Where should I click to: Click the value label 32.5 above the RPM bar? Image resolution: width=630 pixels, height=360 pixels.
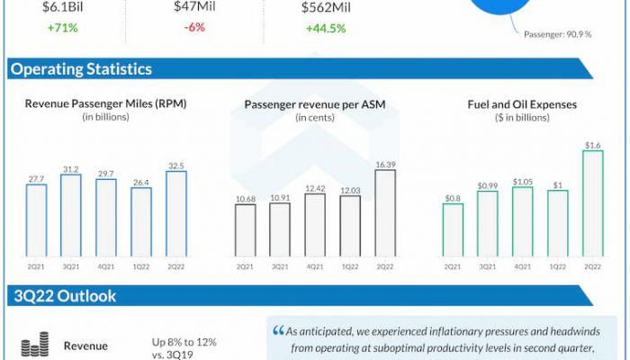[x=176, y=166]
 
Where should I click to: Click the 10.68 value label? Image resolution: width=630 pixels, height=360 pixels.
[x=245, y=198]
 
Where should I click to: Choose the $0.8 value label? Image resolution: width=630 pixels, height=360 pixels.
[x=453, y=197]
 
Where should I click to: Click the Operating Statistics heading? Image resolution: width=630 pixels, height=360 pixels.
[x=81, y=69]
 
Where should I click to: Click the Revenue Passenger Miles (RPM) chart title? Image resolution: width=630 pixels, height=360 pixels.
[x=106, y=104]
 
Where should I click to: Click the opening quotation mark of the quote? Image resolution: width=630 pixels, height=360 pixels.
[x=277, y=330]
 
